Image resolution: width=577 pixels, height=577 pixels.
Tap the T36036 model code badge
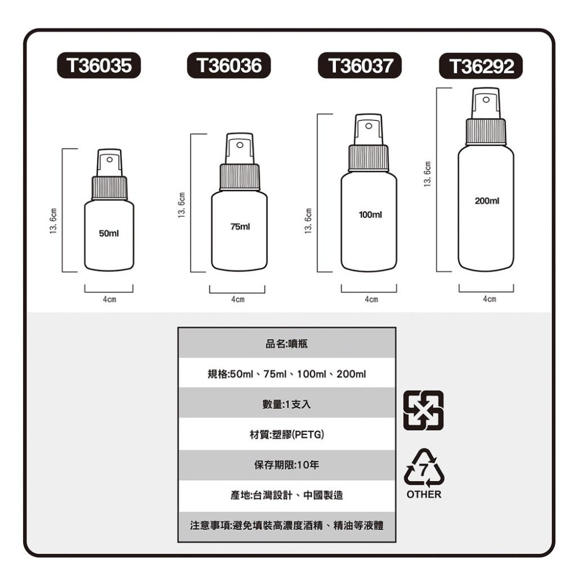click(228, 65)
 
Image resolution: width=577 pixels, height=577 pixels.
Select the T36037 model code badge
click(360, 65)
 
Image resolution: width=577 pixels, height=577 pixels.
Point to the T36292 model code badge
click(481, 66)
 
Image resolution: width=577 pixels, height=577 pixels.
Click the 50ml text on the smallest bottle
click(108, 234)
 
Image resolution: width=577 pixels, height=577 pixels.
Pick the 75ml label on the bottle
click(239, 227)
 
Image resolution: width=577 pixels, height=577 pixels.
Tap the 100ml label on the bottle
click(369, 215)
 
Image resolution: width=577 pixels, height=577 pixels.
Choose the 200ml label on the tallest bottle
click(486, 201)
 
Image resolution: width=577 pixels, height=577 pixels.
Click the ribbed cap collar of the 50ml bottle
click(109, 188)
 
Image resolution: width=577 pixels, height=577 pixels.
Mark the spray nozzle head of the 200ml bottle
click(485, 103)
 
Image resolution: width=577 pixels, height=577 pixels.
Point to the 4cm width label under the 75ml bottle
click(237, 300)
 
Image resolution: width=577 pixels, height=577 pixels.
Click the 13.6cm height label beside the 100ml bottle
click(309, 222)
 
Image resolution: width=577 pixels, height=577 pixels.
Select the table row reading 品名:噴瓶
click(287, 343)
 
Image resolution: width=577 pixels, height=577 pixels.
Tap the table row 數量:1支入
click(287, 404)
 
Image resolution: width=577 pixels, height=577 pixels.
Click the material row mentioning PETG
click(287, 434)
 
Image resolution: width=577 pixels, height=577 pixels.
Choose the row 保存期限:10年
click(287, 464)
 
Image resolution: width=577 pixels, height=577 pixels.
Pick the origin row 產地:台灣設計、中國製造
click(287, 495)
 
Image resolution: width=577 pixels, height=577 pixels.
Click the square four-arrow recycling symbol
click(424, 410)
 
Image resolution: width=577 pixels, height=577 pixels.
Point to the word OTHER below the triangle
click(424, 495)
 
